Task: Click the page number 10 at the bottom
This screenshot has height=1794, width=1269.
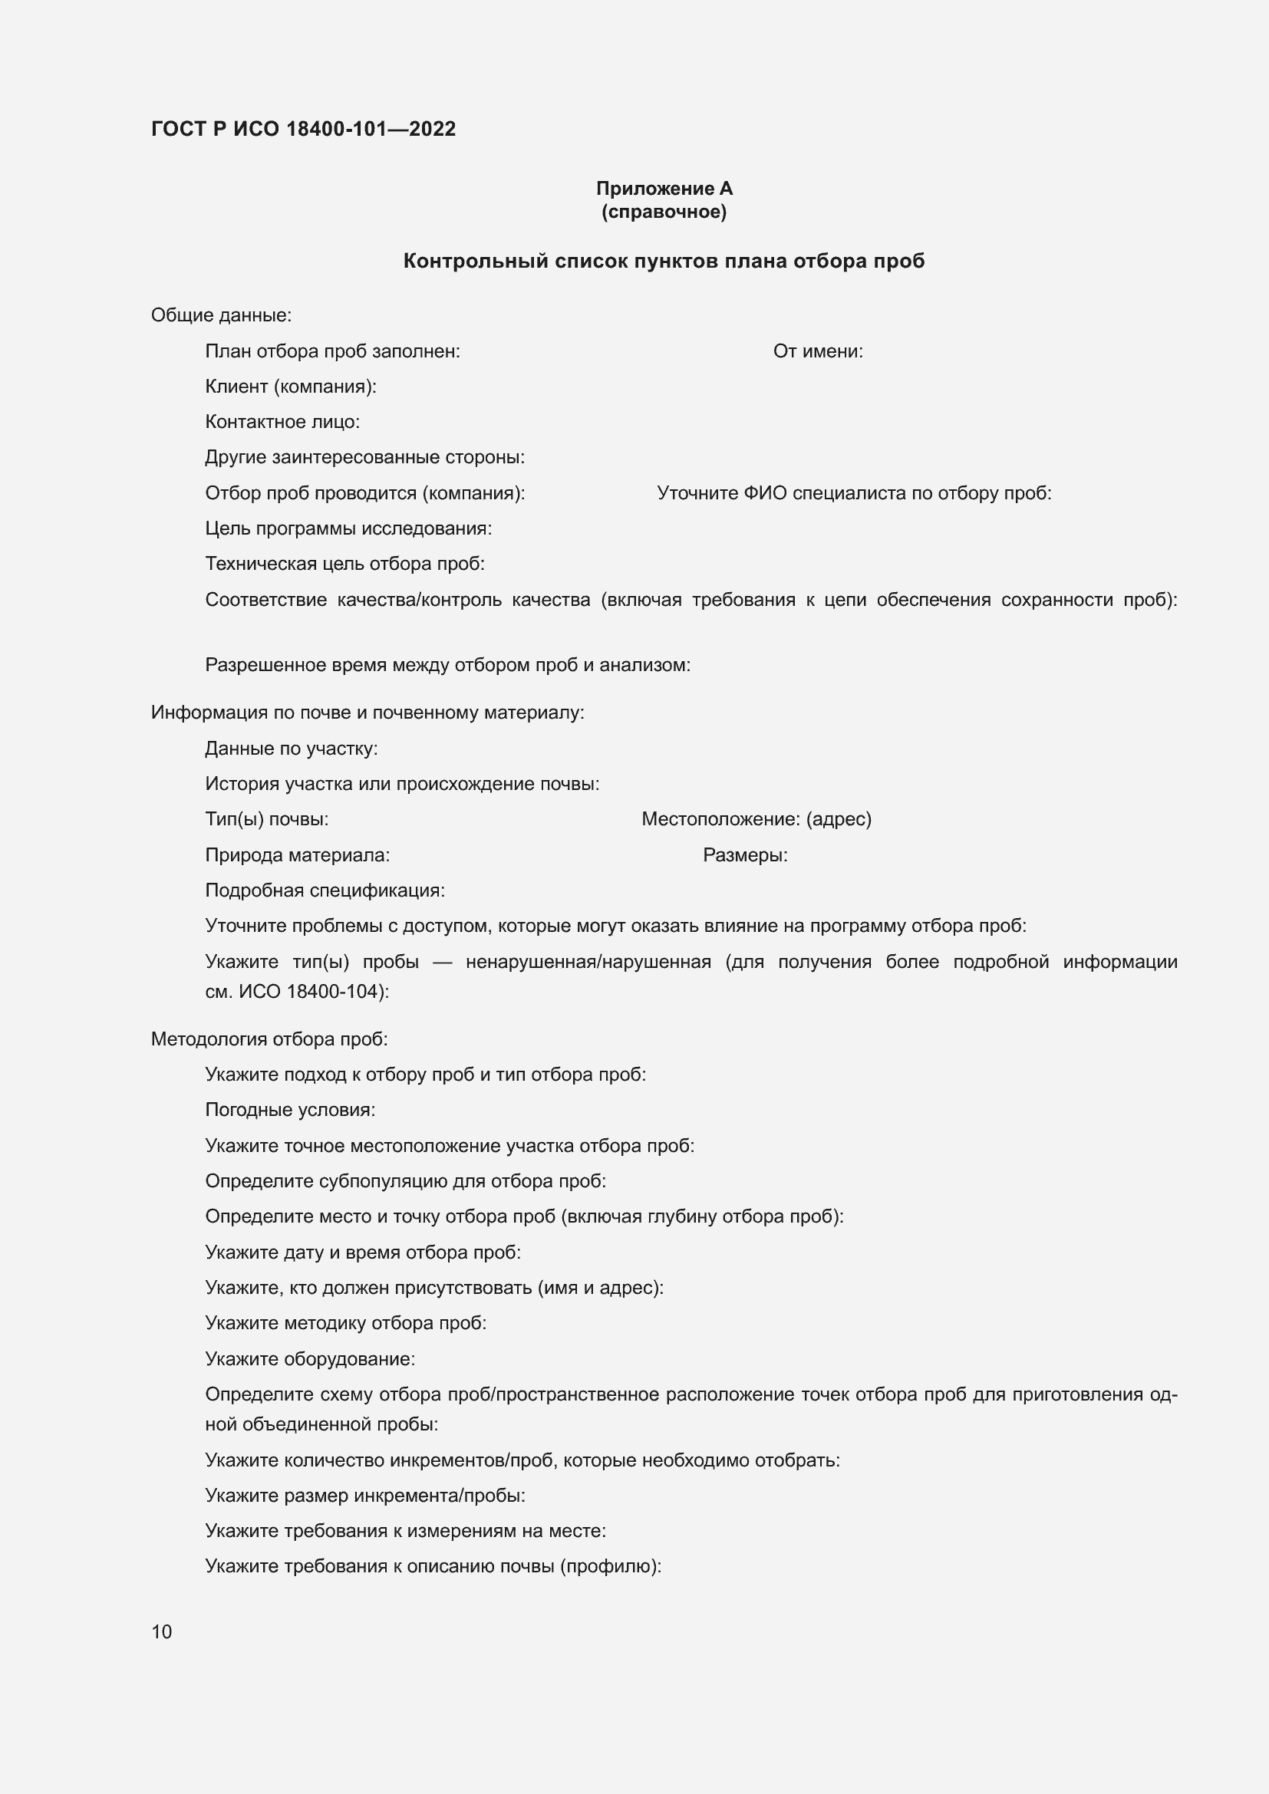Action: (162, 1631)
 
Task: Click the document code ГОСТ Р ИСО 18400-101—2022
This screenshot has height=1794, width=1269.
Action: (303, 129)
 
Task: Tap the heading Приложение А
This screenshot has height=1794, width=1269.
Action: (664, 189)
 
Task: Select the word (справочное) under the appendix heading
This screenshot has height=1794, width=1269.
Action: (664, 212)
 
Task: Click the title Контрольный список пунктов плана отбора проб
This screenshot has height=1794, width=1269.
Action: (664, 261)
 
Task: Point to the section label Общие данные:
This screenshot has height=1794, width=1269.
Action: (221, 315)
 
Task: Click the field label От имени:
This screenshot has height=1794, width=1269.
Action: (818, 351)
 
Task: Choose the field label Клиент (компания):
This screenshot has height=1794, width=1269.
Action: (291, 386)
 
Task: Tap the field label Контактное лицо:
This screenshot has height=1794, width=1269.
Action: (282, 422)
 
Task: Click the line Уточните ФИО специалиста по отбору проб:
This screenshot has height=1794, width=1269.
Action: (854, 493)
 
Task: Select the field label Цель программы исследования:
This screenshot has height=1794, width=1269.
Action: (348, 528)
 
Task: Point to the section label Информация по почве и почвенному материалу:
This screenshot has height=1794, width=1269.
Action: (368, 713)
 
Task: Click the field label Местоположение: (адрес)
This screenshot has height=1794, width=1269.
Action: (756, 819)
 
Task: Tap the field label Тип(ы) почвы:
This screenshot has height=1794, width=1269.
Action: (266, 819)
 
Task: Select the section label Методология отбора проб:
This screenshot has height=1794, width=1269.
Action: (269, 1039)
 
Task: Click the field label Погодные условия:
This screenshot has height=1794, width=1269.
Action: (290, 1110)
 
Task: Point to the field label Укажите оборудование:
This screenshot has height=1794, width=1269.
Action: (310, 1359)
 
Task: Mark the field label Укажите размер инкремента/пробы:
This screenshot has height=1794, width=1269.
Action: (365, 1495)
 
